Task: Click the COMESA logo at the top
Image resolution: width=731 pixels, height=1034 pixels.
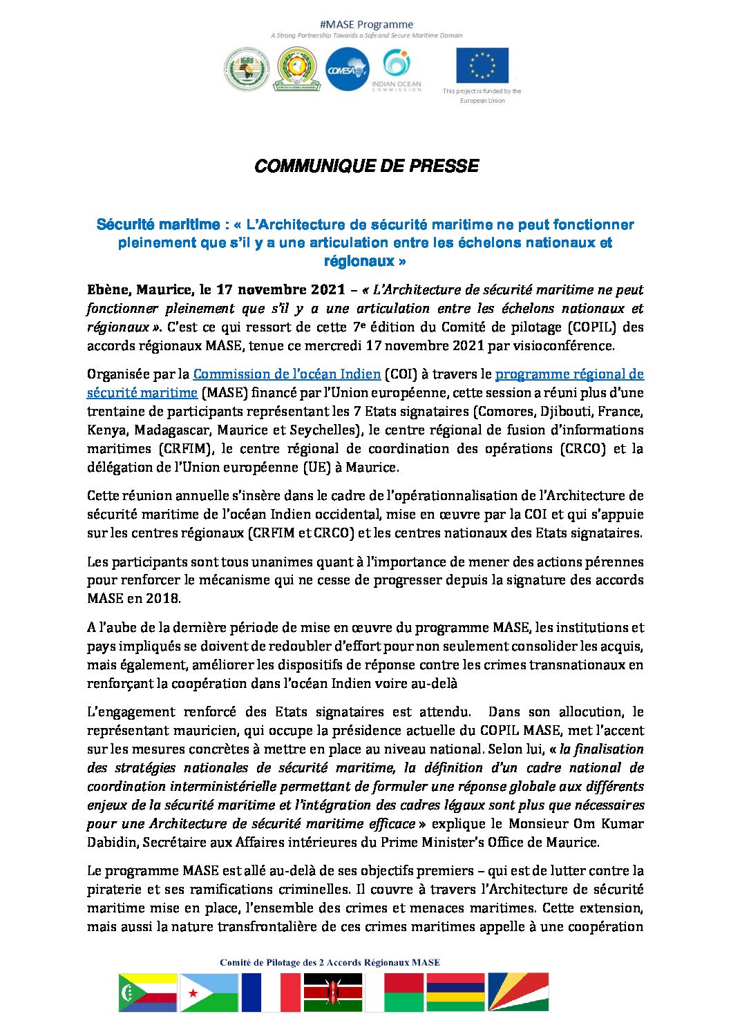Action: point(347,69)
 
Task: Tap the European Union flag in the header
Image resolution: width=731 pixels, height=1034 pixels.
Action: point(482,65)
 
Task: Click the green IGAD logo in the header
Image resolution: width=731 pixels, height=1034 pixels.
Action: point(247,70)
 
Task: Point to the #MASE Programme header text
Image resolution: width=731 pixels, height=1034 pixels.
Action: point(367,24)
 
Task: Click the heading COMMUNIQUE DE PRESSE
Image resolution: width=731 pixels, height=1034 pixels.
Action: point(366,166)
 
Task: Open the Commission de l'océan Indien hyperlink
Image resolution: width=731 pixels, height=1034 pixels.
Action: point(287,374)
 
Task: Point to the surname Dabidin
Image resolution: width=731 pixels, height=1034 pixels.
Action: point(115,842)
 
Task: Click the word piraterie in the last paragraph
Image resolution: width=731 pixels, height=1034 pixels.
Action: point(115,889)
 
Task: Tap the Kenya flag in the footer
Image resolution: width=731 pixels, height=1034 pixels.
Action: point(333,992)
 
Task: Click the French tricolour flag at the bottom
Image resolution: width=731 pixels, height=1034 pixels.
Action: point(271,992)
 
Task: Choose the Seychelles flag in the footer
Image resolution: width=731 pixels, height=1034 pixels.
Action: point(518,992)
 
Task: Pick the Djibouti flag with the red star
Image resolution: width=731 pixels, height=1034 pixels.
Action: point(209,992)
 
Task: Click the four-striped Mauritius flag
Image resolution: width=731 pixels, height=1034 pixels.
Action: point(456,992)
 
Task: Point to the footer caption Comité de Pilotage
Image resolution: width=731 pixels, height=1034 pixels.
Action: point(330,962)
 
